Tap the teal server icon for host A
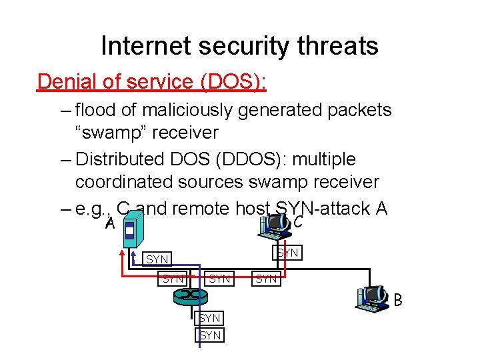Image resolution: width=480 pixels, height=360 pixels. [131, 227]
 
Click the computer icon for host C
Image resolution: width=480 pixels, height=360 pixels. [275, 225]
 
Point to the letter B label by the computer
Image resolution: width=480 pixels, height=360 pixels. [398, 301]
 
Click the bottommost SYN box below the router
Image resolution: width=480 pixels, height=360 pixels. [211, 335]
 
